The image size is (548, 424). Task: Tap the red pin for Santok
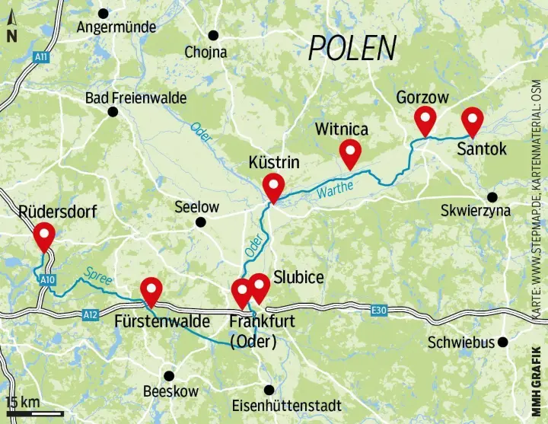coord(473,120)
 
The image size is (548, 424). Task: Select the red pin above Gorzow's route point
coord(425,120)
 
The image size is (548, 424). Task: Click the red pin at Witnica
coord(350,153)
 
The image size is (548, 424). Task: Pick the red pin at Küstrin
coord(272,186)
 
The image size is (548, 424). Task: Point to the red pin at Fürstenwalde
coord(152,290)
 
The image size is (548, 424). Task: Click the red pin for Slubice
coord(260,287)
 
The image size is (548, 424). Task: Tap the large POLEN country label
coord(352,49)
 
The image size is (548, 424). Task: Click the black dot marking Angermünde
coord(104,13)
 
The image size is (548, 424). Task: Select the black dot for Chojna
coord(214,35)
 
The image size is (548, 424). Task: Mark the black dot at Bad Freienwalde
coord(113,112)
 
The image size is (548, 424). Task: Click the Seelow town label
coord(196,207)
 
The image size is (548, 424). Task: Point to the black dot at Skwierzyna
coord(492,196)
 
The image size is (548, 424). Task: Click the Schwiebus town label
coord(460,342)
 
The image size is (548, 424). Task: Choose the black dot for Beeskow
coord(169,375)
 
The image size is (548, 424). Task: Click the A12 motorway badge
coord(91,314)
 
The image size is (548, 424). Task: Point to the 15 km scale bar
coord(33,413)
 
